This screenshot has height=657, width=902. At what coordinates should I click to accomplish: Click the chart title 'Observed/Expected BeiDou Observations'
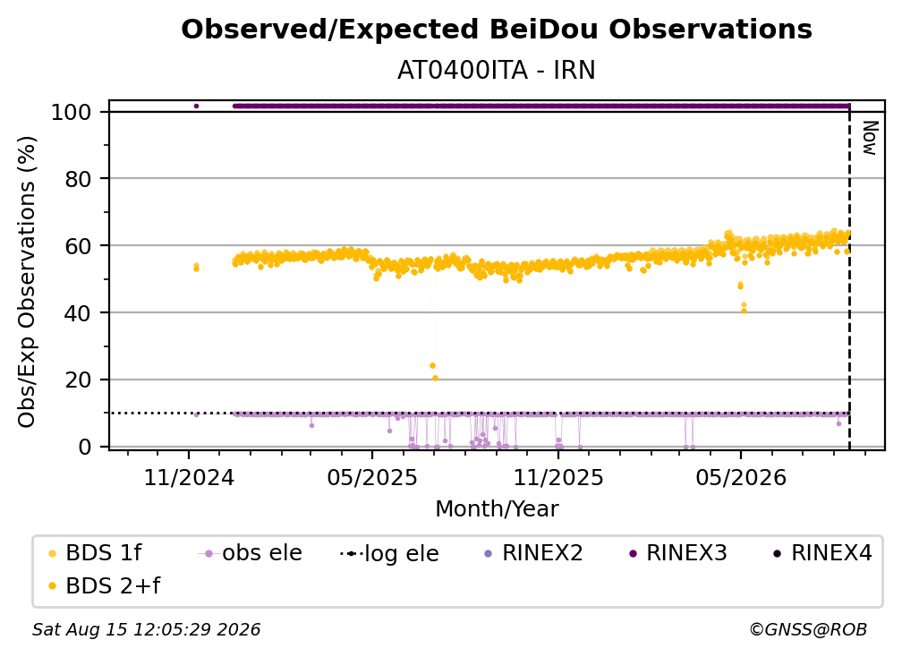[x=497, y=30]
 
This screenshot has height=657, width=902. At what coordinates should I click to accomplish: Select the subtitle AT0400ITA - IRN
[x=497, y=70]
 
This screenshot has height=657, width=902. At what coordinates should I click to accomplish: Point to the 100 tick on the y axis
[x=72, y=112]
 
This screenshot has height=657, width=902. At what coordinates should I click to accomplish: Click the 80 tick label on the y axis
[x=78, y=179]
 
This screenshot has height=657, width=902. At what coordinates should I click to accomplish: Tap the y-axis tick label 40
[x=78, y=313]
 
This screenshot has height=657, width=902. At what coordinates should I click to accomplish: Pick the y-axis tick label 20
[x=78, y=380]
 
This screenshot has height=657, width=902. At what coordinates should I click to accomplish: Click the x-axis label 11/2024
[x=189, y=477]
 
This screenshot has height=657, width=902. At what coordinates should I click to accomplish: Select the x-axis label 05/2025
[x=372, y=477]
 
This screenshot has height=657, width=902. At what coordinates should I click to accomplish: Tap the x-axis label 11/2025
[x=558, y=477]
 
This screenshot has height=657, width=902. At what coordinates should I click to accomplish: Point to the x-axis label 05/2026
[x=741, y=477]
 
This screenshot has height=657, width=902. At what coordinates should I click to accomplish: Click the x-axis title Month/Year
[x=497, y=508]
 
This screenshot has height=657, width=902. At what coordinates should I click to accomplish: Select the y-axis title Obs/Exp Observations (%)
[x=27, y=282]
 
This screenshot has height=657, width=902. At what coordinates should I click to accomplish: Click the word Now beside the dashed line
[x=870, y=138]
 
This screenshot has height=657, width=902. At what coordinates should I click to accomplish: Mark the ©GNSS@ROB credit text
[x=808, y=629]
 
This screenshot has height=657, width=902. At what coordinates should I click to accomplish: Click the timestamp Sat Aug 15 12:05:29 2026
[x=146, y=629]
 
